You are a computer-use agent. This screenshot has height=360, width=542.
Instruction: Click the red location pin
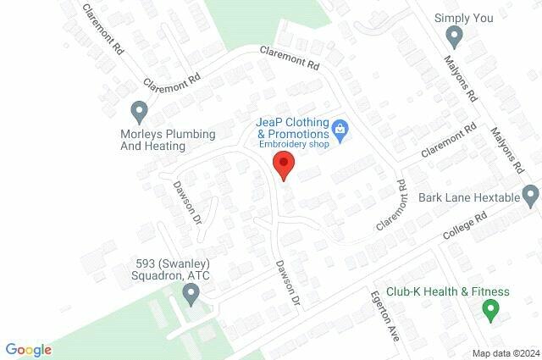coord(283,164)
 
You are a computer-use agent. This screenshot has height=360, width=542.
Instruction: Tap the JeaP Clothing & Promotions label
coord(292,128)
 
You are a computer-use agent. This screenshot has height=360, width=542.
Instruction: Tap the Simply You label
coord(463,17)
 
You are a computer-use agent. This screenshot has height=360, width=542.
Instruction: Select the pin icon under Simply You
coord(454,37)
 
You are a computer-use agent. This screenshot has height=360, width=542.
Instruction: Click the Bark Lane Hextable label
coord(468,198)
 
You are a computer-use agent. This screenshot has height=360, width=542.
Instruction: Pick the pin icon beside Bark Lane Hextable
coord(530,196)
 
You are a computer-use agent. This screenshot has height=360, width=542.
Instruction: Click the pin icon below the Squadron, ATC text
coord(191,296)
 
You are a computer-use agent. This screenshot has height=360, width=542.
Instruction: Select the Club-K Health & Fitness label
coord(448,292)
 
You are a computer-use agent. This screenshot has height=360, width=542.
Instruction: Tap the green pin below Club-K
coord(489,311)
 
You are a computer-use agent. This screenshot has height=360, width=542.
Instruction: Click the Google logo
coord(29,349)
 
